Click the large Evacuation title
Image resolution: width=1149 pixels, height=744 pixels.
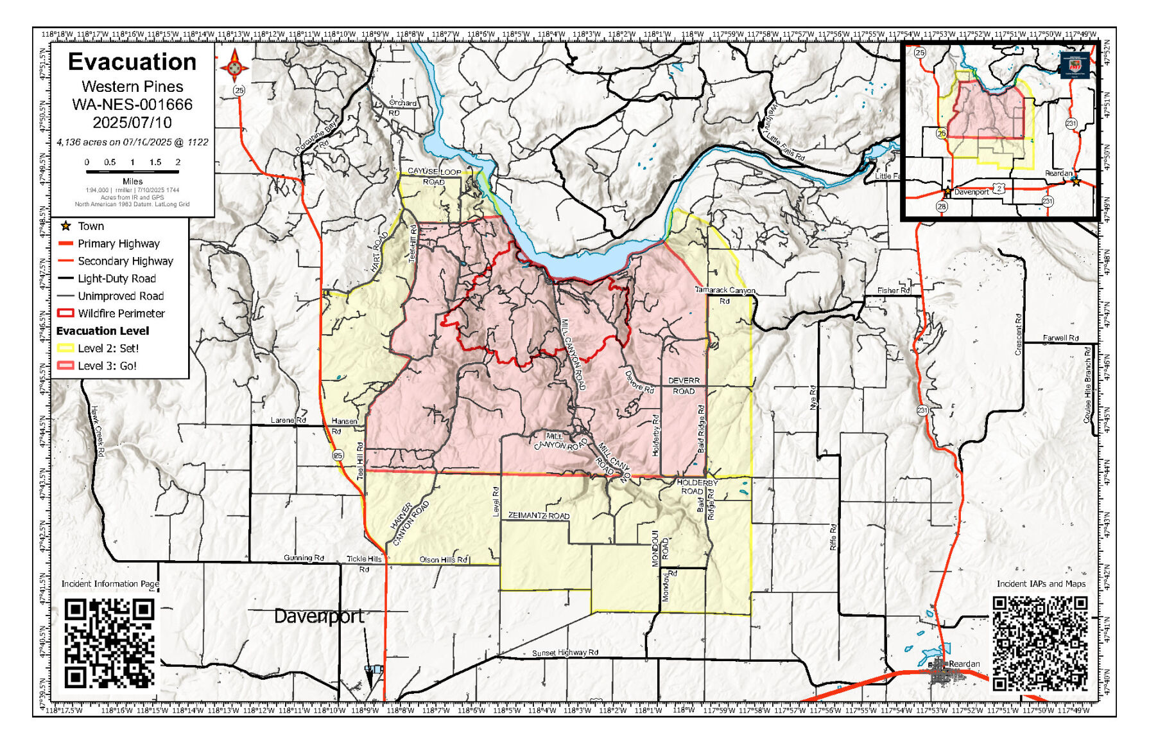click(132, 62)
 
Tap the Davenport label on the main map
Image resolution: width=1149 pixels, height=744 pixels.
click(319, 616)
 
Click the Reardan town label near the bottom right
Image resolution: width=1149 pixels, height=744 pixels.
click(964, 664)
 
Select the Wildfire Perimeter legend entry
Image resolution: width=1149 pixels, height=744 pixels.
click(121, 314)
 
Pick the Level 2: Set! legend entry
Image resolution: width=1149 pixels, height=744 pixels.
click(108, 348)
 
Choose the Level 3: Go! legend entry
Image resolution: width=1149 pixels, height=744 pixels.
click(107, 366)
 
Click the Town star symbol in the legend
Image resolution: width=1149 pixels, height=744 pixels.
click(65, 226)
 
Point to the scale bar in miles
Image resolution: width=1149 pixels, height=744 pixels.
click(132, 172)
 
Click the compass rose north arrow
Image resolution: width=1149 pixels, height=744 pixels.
click(234, 66)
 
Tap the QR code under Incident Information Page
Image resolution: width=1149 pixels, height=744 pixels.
click(110, 643)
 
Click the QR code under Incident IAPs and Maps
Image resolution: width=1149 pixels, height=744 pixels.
click(1040, 643)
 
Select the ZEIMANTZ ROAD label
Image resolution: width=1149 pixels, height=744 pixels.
click(539, 516)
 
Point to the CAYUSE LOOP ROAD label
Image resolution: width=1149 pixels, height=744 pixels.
click(434, 177)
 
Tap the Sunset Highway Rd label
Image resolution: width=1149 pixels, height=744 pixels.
click(565, 653)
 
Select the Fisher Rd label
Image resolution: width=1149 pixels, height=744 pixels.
click(894, 290)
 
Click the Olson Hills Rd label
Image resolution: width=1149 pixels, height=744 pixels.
click(444, 560)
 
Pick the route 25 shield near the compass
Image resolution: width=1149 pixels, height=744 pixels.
click(239, 91)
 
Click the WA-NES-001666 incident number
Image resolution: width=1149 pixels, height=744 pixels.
click(132, 105)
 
